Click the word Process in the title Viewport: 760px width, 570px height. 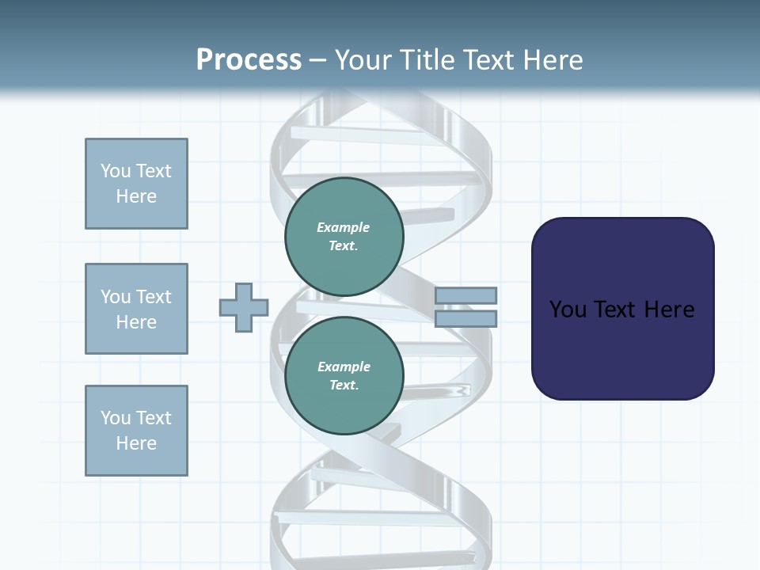coord(249,60)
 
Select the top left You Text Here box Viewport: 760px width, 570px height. coord(136,184)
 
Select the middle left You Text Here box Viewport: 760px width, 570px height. coord(136,309)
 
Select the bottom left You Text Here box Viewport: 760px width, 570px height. coord(136,431)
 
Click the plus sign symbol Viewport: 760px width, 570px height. coord(244,307)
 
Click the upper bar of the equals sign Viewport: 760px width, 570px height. coord(465,295)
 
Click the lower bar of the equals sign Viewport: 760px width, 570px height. coord(465,319)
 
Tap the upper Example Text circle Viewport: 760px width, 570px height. coord(344,237)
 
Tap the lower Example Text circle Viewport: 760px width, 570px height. coord(344,376)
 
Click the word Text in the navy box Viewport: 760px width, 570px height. coord(617,310)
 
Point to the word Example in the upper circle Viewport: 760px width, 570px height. coord(344,227)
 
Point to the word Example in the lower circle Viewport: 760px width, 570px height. coord(344,367)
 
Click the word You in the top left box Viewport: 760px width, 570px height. coord(116,171)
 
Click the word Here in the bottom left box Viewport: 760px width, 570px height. coord(136,443)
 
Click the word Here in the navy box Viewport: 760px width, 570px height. coord(670,310)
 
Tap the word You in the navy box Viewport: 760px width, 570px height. coord(568,310)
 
